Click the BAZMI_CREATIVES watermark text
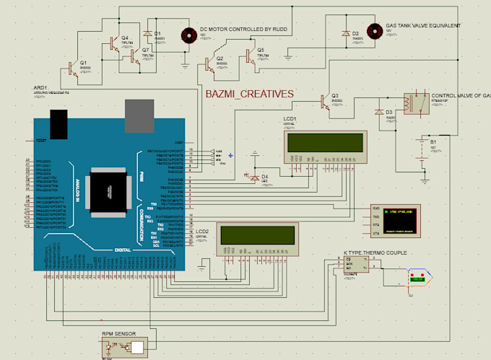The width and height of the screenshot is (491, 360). pos(249,94)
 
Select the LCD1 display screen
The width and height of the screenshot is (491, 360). pos(325,141)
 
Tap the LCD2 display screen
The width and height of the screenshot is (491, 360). pos(257,234)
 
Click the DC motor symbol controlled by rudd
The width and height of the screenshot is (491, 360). pos(189,34)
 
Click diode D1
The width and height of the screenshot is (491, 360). pos(148,33)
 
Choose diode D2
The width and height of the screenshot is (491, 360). pos(345,34)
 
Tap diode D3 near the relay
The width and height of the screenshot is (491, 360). pos(379,112)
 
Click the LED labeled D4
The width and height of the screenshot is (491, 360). pos(254,176)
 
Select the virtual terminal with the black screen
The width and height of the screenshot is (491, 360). pos(401,219)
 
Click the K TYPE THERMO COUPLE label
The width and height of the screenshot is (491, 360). pos(375,253)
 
